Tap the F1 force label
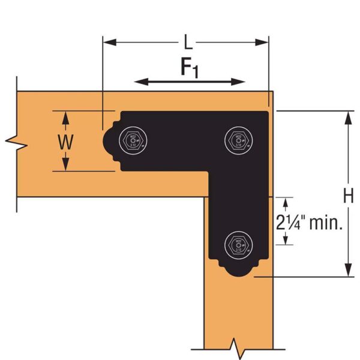coord(190,68)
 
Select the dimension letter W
coord(66,142)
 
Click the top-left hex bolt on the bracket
coord(133,141)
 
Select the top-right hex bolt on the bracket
coord(236,141)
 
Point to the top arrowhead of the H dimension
coord(348,115)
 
